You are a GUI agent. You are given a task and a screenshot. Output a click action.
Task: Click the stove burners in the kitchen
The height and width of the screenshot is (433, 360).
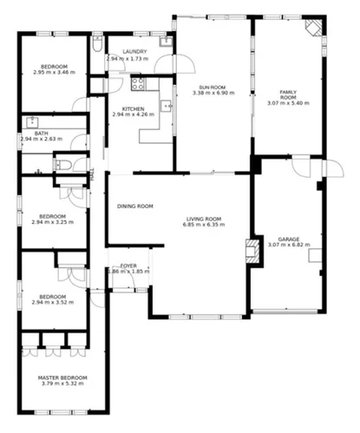point(136,84)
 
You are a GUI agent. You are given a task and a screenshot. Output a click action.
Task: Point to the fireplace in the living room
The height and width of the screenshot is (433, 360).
point(250,251)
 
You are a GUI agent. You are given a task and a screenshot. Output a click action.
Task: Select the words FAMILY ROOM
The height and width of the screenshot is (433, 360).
point(287,95)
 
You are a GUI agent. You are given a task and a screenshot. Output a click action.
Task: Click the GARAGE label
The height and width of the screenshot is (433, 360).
point(288,239)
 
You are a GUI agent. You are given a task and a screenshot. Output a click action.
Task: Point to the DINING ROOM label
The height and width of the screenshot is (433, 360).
point(135,207)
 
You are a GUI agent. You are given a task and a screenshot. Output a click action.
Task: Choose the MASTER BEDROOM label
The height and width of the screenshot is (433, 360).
point(62,377)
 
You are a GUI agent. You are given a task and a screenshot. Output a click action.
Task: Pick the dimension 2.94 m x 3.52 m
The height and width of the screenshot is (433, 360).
point(53,302)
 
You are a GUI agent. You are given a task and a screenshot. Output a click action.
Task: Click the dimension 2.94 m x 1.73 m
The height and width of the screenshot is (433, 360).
point(127,58)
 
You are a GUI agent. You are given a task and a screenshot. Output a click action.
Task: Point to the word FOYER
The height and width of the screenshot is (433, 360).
point(128,266)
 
